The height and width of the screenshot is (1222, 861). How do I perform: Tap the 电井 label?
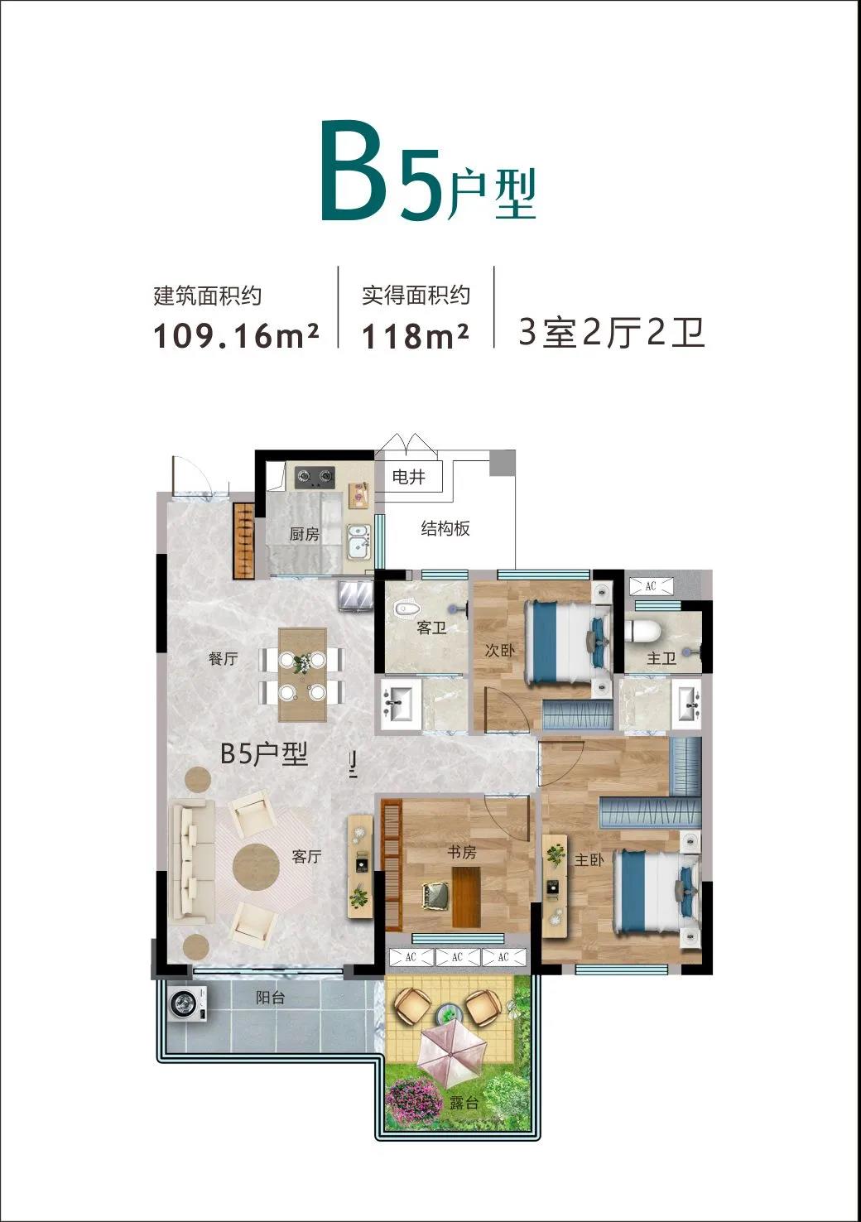pyautogui.click(x=409, y=478)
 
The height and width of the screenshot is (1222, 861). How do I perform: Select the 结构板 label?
pyautogui.click(x=445, y=529)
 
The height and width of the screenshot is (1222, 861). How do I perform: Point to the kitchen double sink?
pyautogui.click(x=358, y=541)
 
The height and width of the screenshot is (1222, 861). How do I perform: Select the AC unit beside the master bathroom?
pyautogui.click(x=651, y=586)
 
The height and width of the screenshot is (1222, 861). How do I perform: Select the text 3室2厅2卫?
pyautogui.click(x=612, y=333)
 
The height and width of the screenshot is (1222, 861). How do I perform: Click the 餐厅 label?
pyautogui.click(x=224, y=659)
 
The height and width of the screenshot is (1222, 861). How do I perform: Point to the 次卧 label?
pyautogui.click(x=500, y=650)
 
